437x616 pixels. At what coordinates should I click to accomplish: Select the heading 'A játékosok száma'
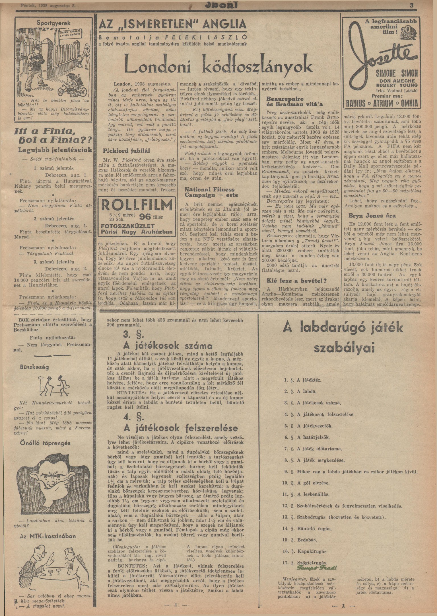tap(168, 345)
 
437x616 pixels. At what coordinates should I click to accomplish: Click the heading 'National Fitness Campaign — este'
tap(210, 192)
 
